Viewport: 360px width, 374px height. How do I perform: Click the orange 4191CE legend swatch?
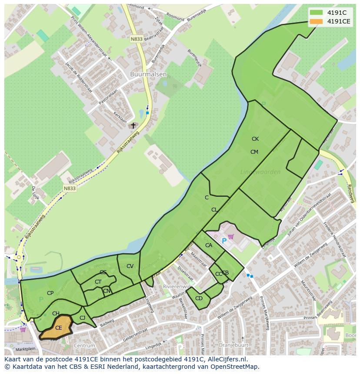pyautogui.click(x=316, y=21)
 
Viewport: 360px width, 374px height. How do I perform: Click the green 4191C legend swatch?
pyautogui.click(x=316, y=13)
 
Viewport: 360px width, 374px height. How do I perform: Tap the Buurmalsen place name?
pyautogui.click(x=148, y=74)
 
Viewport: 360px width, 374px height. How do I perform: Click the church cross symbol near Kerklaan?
pyautogui.click(x=133, y=126)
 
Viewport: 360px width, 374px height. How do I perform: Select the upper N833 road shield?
pyautogui.click(x=137, y=39)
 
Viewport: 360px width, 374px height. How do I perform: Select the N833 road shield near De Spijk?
pyautogui.click(x=69, y=188)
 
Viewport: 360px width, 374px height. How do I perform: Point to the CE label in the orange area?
pyautogui.click(x=59, y=328)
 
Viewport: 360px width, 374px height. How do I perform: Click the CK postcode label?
pyautogui.click(x=255, y=139)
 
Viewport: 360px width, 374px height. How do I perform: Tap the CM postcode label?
pyautogui.click(x=254, y=152)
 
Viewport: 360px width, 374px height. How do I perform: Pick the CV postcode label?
pyautogui.click(x=130, y=266)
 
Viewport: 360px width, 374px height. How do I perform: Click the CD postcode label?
pyautogui.click(x=199, y=298)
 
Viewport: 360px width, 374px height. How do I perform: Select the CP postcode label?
pyautogui.click(x=50, y=293)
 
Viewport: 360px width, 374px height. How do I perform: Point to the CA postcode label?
pyautogui.click(x=209, y=245)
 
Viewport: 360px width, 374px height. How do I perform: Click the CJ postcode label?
pyautogui.click(x=83, y=318)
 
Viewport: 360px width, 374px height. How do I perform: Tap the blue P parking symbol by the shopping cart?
pyautogui.click(x=224, y=241)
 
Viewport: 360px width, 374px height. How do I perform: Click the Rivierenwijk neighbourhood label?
pyautogui.click(x=176, y=287)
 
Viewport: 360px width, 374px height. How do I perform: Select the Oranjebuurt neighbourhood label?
pyautogui.click(x=233, y=346)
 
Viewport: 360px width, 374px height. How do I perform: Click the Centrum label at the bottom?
pyautogui.click(x=84, y=346)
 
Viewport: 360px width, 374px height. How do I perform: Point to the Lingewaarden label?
pyautogui.click(x=260, y=172)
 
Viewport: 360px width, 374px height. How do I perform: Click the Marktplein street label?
pyautogui.click(x=25, y=349)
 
